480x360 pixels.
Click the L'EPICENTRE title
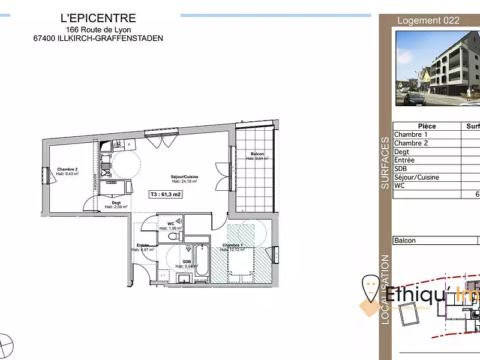click(98, 19)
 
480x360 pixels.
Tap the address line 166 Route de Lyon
click(98, 29)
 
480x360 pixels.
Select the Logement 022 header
click(428, 20)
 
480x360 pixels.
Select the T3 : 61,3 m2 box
click(166, 194)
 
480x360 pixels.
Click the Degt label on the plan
click(116, 204)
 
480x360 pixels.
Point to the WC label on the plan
click(170, 224)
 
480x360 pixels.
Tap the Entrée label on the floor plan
click(143, 245)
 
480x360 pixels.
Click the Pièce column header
click(427, 126)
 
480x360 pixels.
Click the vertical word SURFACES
click(385, 163)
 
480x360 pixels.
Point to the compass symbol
click(6, 344)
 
